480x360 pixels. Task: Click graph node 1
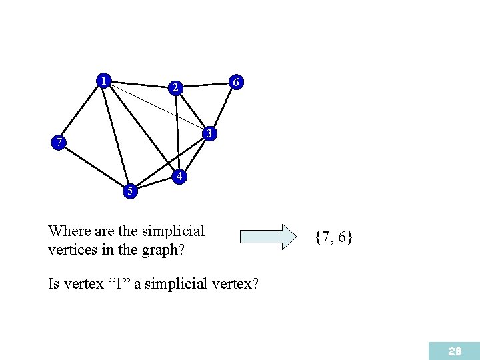point(103,81)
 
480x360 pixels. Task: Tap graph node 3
point(209,134)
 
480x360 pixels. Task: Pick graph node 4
point(179,177)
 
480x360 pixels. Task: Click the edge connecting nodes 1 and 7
point(81,111)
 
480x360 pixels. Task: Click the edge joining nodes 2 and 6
point(205,85)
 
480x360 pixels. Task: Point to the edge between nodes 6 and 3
point(223,108)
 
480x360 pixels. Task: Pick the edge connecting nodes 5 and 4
point(155,184)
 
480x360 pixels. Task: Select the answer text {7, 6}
point(334,237)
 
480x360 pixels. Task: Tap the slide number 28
point(455,351)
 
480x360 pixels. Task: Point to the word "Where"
point(69,231)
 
